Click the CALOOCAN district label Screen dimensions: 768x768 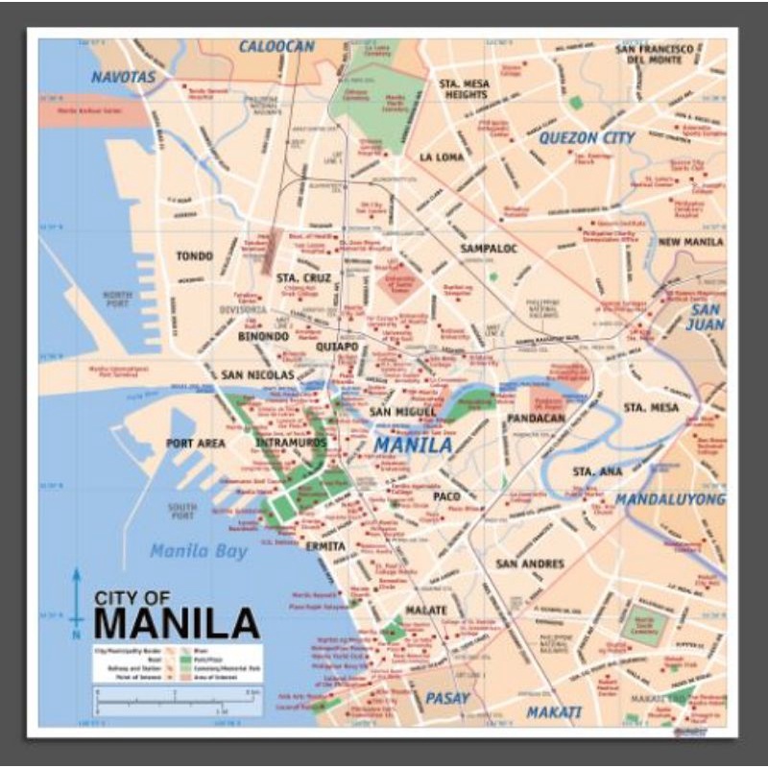pos(276,46)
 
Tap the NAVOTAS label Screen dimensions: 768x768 pos(123,77)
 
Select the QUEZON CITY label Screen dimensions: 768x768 pos(587,138)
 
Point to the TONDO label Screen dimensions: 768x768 pos(195,256)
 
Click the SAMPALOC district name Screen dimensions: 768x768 pos(489,249)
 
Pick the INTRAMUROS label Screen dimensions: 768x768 pos(291,443)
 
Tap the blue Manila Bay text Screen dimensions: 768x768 pos(199,550)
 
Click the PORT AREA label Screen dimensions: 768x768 pos(195,444)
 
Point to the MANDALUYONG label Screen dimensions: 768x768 pos(670,499)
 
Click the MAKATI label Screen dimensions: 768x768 pos(554,712)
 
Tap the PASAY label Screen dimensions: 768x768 pos(448,698)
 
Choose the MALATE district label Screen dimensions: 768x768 pos(425,611)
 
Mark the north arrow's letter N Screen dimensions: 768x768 pos(76,635)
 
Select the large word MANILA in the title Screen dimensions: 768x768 pos(177,623)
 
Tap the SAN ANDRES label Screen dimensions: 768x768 pos(530,564)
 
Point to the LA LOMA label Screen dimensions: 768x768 pos(442,156)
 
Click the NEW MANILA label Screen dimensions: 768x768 pos(691,242)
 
